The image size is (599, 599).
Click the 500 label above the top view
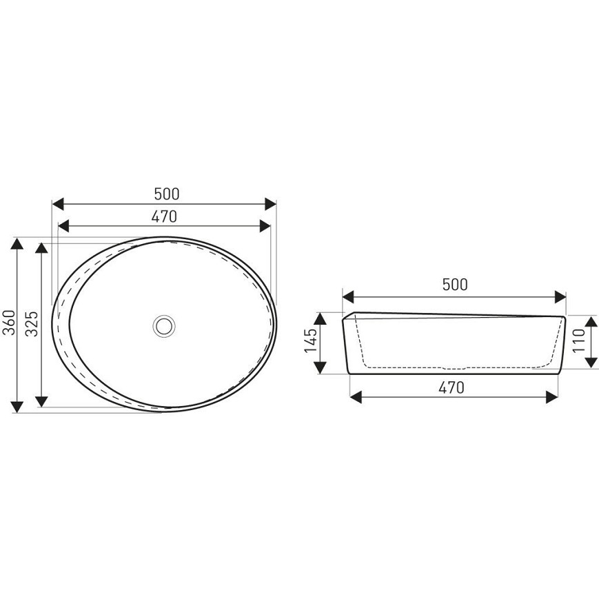point(167,194)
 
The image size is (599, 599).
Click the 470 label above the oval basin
point(164,216)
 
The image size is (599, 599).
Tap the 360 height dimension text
point(10,323)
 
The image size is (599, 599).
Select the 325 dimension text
point(32,324)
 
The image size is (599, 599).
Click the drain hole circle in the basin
point(164,326)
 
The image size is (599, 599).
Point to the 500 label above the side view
point(455,285)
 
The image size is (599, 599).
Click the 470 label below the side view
point(451,388)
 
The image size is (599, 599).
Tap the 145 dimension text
point(311,341)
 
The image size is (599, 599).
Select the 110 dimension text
point(579,341)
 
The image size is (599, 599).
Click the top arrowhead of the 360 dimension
point(17,243)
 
